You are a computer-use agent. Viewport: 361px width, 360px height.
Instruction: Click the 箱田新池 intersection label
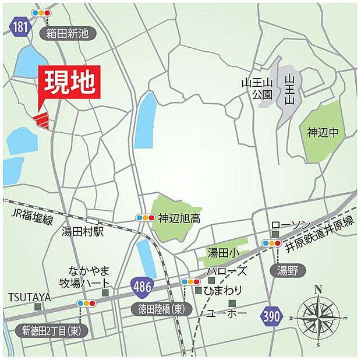pyautogui.click(x=68, y=33)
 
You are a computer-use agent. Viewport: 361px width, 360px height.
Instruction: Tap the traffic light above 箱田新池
pyautogui.click(x=41, y=12)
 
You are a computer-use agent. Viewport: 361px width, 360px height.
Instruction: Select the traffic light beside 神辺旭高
pyautogui.click(x=145, y=218)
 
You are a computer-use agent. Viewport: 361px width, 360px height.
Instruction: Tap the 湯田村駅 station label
pyautogui.click(x=82, y=231)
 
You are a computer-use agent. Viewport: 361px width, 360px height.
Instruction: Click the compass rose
pyautogui.click(x=318, y=316)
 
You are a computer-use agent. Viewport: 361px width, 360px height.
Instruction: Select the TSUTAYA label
pyautogui.click(x=30, y=297)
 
